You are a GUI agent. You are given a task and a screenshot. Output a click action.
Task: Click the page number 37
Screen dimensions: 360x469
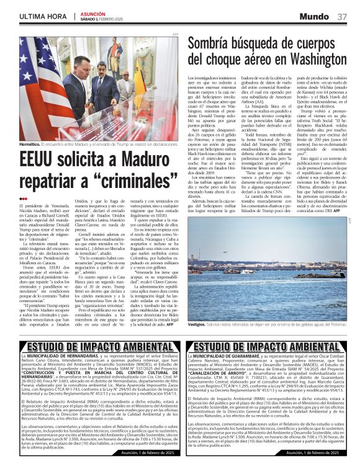click(341, 16)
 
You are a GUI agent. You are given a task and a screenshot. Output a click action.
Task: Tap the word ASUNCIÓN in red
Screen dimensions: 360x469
click(92, 12)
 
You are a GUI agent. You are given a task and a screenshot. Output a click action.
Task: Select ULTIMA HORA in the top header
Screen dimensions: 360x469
click(43, 16)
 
